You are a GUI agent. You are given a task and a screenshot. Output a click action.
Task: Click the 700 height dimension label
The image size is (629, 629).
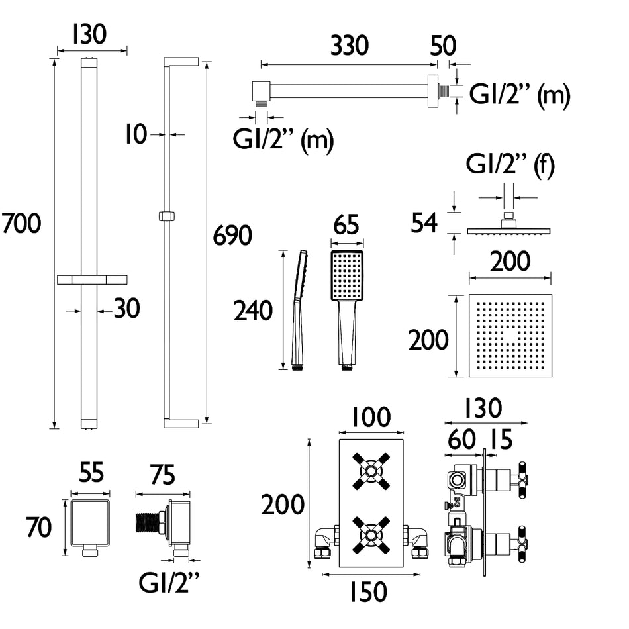pos(21,223)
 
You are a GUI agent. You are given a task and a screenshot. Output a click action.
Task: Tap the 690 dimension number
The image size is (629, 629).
pos(232,235)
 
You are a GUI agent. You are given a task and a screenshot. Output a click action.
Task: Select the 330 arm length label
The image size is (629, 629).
pos(350,46)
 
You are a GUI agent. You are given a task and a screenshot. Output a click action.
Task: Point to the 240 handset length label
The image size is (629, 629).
pos(253,311)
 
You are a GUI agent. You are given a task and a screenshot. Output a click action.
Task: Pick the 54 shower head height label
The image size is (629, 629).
pos(424,223)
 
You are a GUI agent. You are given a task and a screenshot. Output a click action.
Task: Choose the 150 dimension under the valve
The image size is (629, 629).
pos(368,592)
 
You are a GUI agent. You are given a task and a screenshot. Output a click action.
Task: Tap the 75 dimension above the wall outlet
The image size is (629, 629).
pos(162,475)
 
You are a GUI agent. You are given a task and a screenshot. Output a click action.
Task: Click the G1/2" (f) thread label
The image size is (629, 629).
pos(510,164)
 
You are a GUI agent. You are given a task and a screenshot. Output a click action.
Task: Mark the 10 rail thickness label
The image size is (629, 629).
pos(136,134)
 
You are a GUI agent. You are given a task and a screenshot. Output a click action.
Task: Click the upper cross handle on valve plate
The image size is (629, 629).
pos(371,471)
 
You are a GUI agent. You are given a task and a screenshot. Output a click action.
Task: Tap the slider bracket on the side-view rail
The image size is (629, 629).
pos(167,217)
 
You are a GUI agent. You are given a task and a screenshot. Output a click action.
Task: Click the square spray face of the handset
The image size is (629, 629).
pos(347,275)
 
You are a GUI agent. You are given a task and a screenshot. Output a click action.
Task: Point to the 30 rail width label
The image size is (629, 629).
pos(126,309)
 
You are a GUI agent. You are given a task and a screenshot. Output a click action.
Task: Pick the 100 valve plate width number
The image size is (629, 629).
pos(371,417)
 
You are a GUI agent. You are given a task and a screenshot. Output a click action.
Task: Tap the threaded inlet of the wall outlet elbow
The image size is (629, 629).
pos(147,524)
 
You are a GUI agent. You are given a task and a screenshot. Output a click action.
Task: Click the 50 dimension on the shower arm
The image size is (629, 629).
pos(443,46)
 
